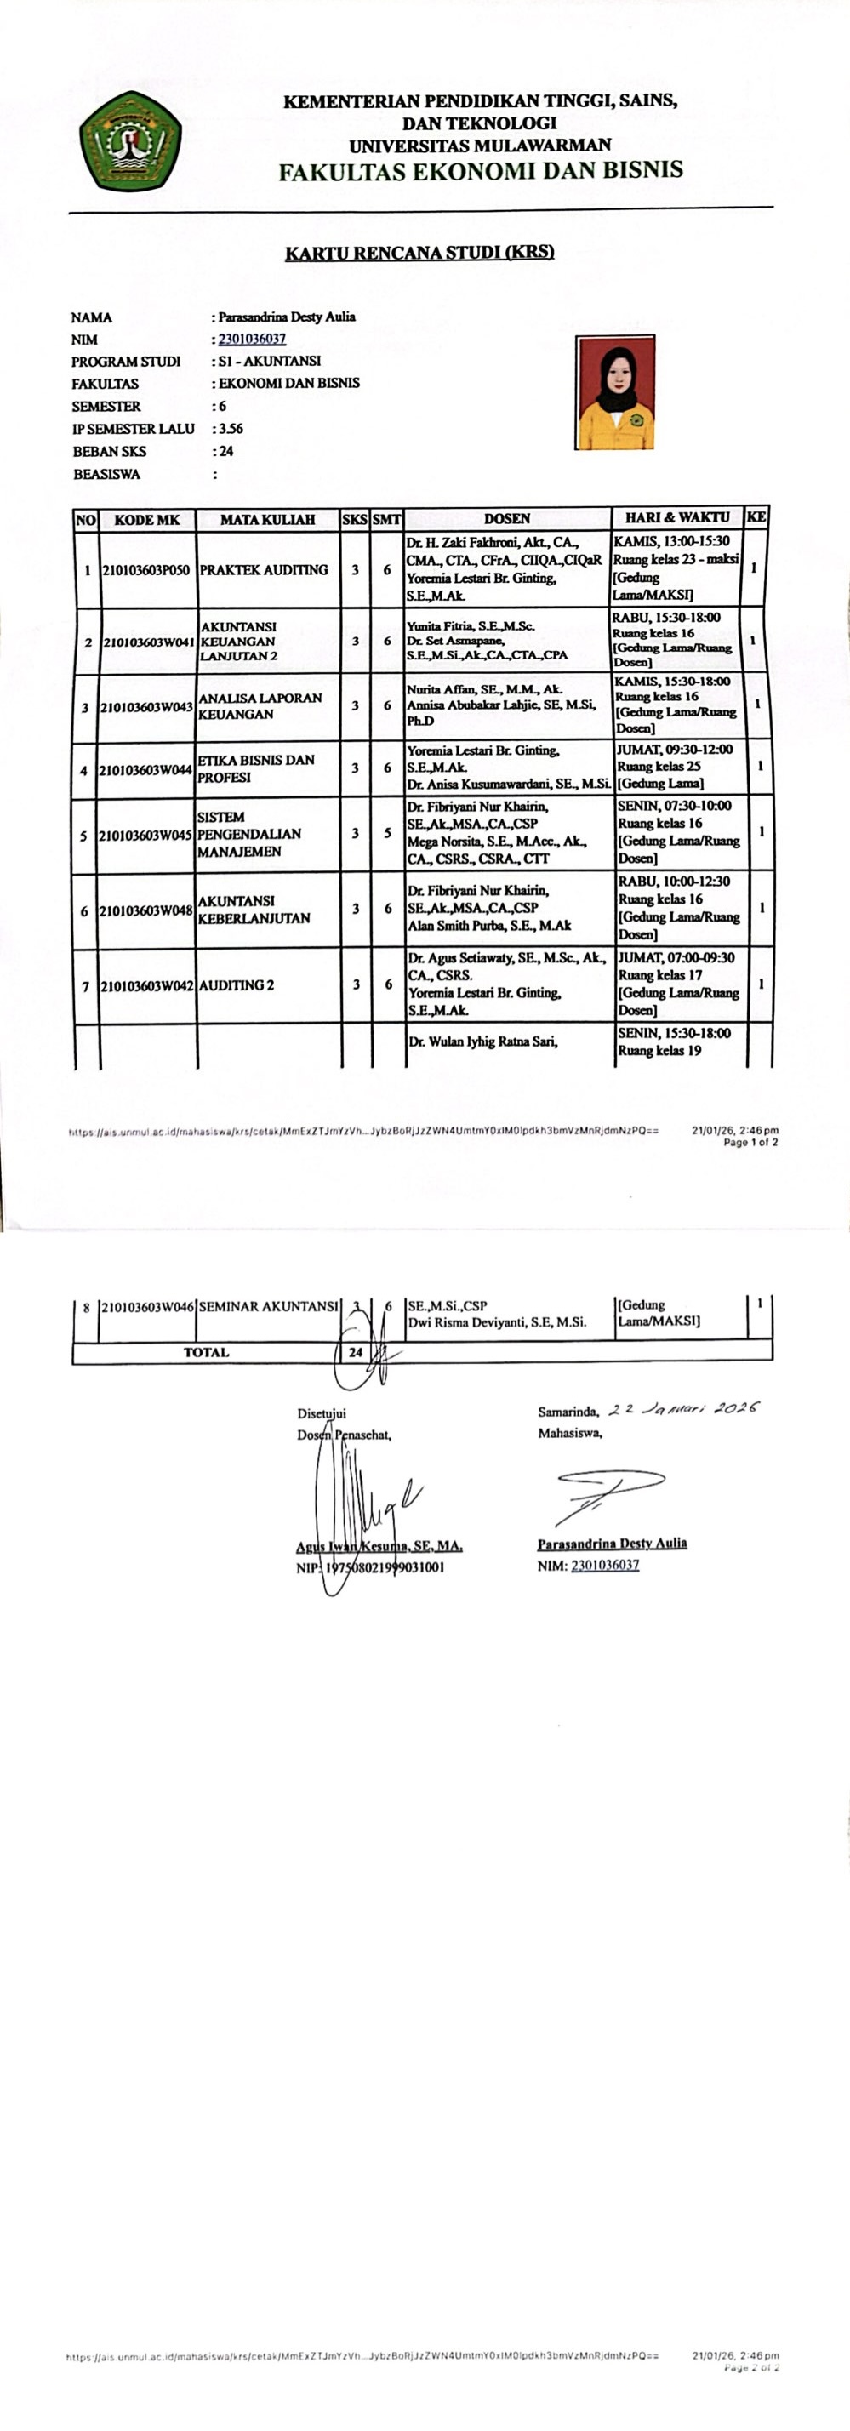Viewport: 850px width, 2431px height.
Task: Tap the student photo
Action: point(615,391)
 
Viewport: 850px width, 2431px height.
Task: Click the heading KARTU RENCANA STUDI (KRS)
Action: point(419,252)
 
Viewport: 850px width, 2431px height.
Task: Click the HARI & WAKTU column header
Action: point(676,517)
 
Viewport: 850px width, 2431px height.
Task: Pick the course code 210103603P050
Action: point(146,570)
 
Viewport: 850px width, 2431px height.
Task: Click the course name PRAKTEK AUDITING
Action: point(264,570)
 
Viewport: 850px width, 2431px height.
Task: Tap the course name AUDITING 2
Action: point(237,985)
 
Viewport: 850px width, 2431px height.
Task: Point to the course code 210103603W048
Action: point(146,910)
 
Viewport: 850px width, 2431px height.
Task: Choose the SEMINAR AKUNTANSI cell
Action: point(268,1307)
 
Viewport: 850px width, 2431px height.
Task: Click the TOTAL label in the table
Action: point(206,1352)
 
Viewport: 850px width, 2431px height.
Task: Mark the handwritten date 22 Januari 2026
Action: point(683,1409)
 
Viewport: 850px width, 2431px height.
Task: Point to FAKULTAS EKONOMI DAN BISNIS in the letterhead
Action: point(480,171)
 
